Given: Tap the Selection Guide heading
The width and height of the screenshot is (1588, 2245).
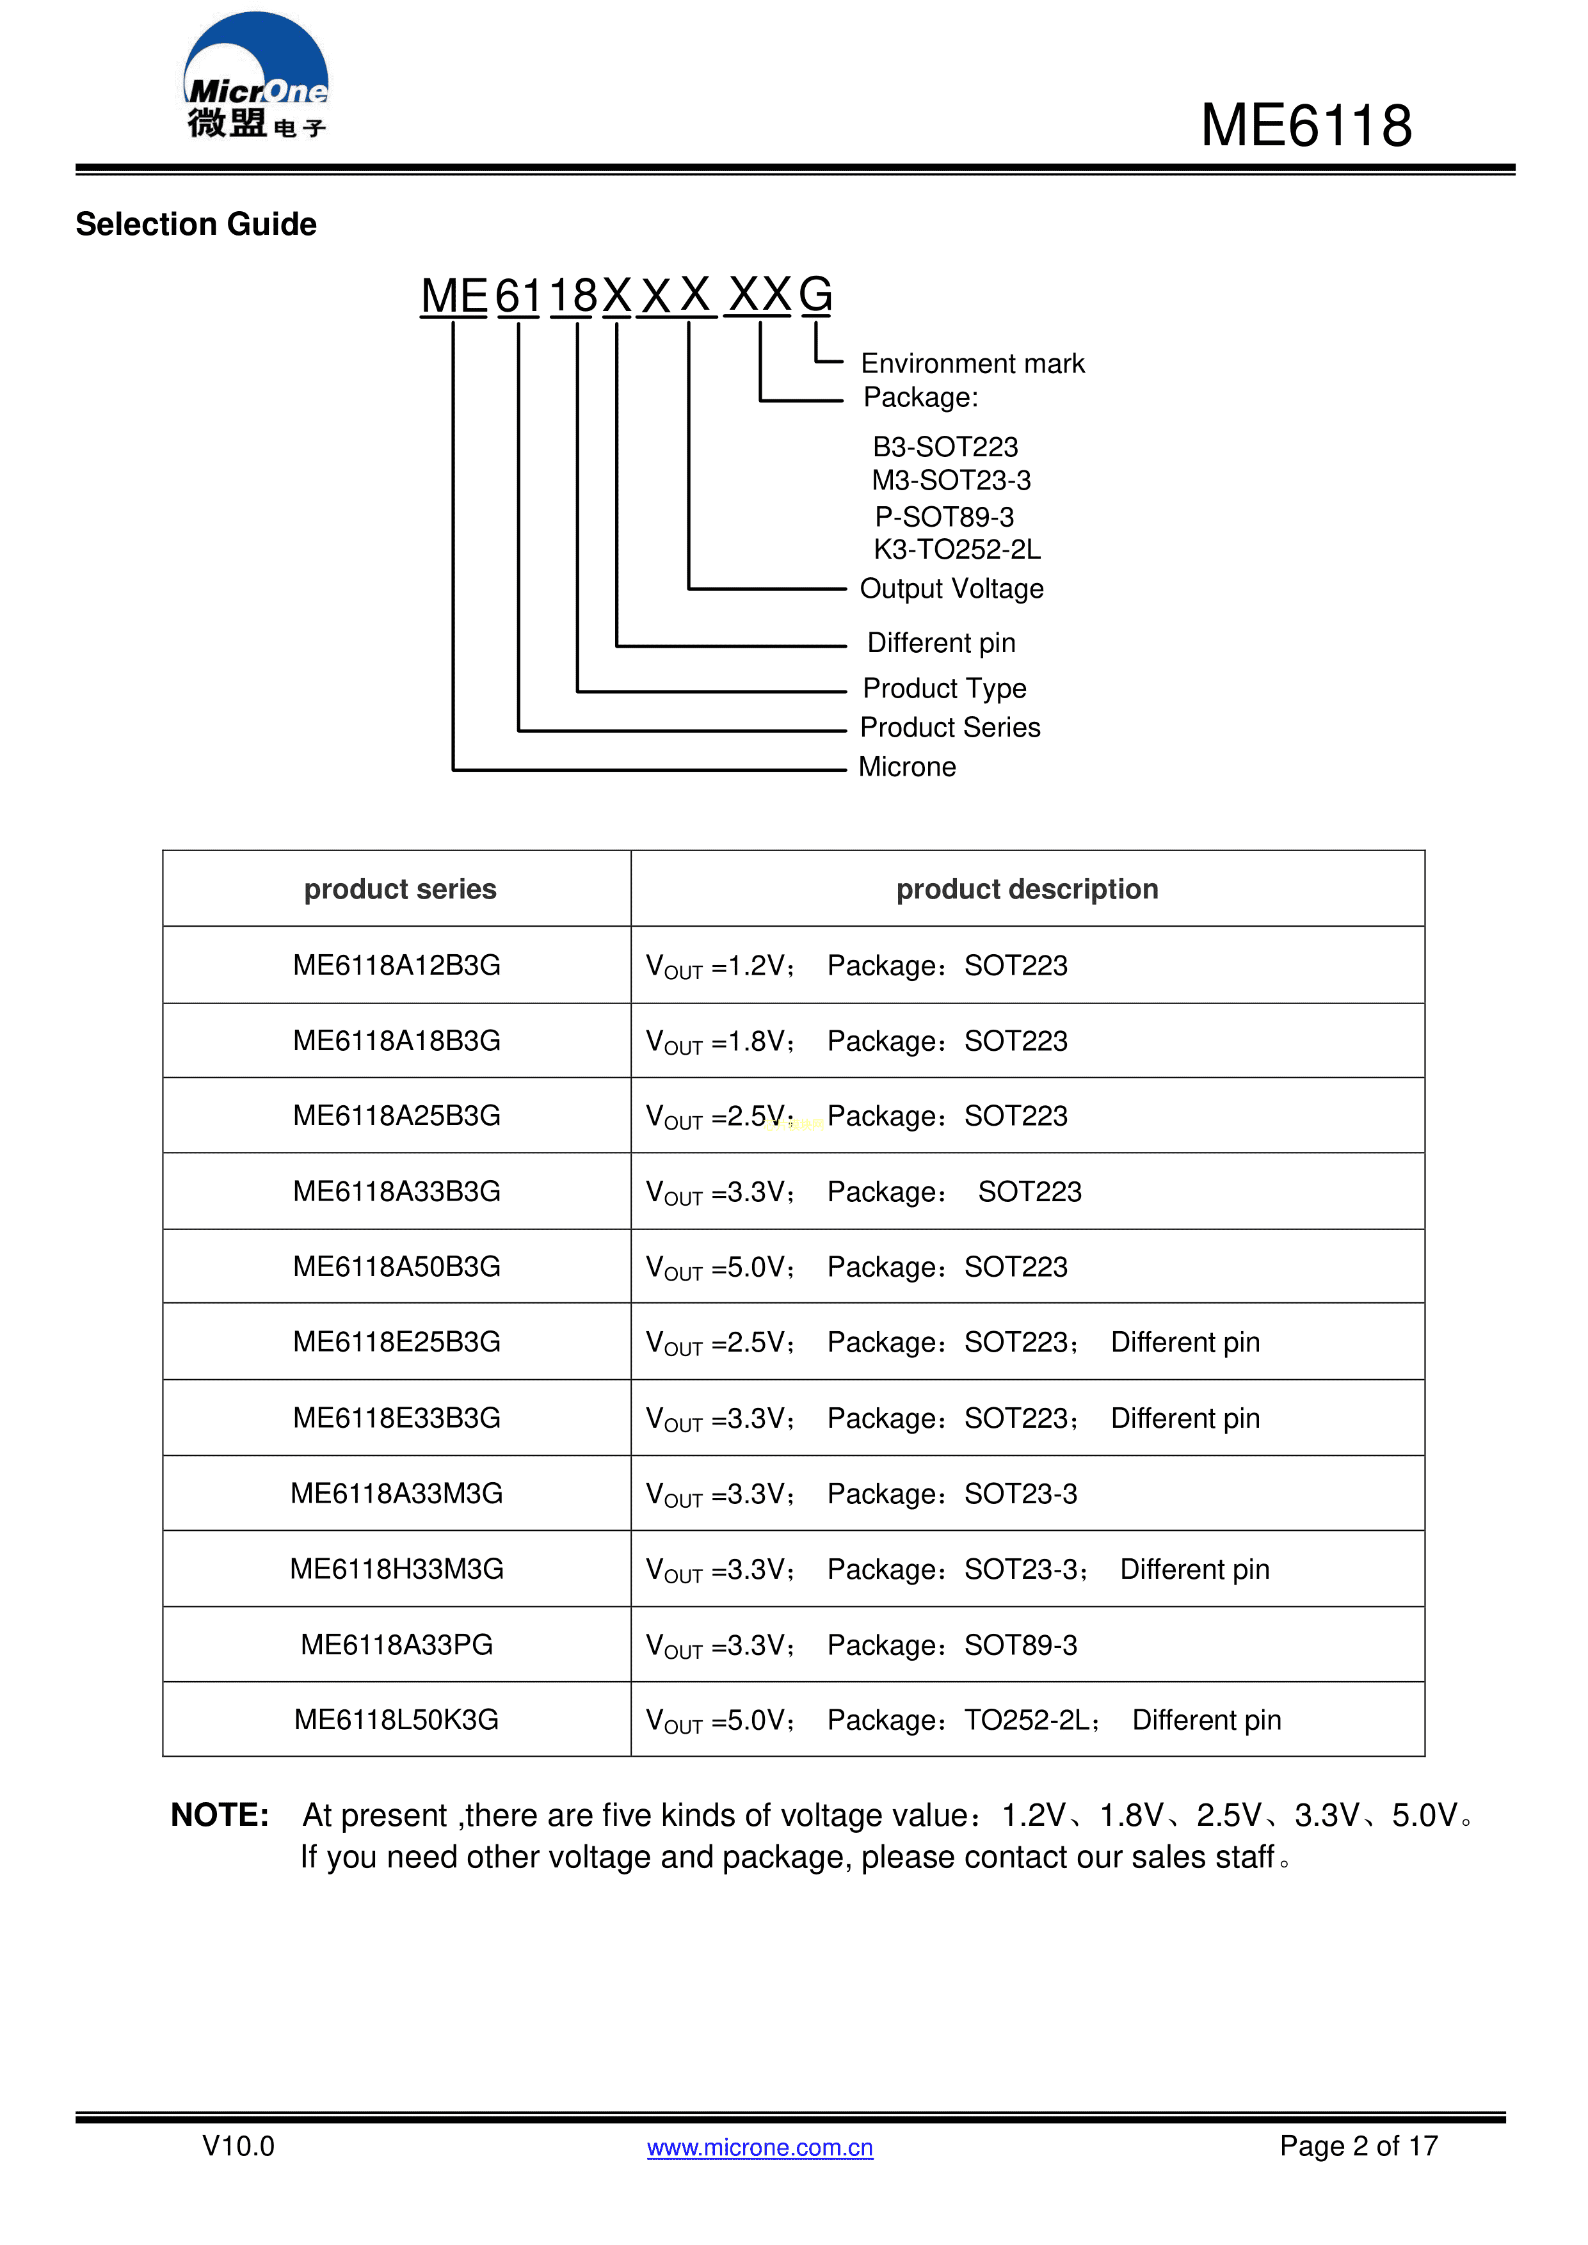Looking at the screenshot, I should (x=196, y=224).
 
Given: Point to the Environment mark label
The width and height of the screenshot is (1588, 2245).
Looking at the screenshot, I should (x=972, y=364).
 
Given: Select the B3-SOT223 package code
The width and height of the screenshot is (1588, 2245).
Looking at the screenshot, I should (x=945, y=447).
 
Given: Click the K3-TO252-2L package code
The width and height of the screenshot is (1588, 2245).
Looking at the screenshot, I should (x=956, y=550).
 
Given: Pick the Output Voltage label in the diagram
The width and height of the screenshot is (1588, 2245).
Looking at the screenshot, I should (x=951, y=589).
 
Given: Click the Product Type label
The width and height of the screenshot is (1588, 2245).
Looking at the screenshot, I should (x=943, y=689).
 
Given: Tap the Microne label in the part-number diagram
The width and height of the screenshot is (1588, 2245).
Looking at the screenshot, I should (x=906, y=767).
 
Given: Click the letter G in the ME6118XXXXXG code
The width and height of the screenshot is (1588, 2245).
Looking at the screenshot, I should (x=815, y=294).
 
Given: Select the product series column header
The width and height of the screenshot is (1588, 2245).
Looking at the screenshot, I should (x=400, y=889).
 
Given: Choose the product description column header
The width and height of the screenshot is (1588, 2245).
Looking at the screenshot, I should (x=1027, y=889).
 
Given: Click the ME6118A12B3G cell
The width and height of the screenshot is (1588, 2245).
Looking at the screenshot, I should (x=396, y=965).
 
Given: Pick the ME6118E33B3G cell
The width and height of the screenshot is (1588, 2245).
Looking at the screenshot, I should (x=396, y=1418).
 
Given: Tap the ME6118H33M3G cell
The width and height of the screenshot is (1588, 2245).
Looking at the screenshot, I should (x=396, y=1569).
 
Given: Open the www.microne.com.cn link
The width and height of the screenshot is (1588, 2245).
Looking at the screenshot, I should (x=760, y=2147).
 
